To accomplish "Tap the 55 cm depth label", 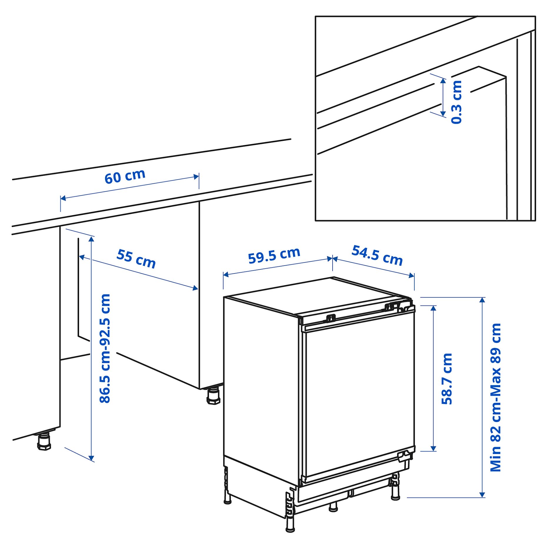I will click(136, 259).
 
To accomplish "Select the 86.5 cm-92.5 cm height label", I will click(105, 348).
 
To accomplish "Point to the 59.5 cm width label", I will click(274, 255).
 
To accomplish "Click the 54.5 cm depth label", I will click(377, 255).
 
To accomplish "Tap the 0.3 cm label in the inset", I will click(456, 102).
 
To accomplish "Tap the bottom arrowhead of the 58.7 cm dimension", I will click(433, 448).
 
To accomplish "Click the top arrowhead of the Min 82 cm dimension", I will click(482, 300).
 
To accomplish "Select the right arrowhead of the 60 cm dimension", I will click(196, 177).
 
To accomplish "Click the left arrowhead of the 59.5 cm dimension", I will click(226, 275).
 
